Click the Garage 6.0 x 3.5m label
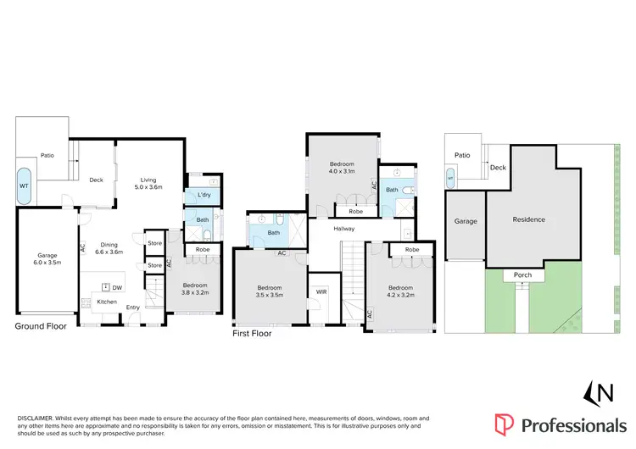47,259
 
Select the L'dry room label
204,196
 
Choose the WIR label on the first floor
320,292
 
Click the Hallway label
343,229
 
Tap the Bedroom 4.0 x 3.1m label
341,167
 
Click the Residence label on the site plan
528,219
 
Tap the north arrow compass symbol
599,394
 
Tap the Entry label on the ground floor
134,308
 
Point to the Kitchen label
106,302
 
